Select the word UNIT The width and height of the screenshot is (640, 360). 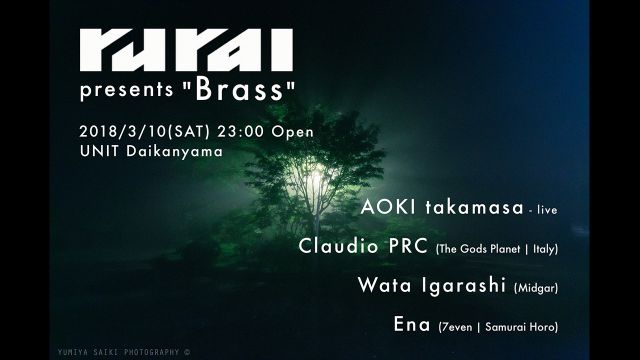(96, 152)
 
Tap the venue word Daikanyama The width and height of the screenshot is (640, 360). (170, 152)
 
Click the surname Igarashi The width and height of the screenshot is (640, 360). (456, 285)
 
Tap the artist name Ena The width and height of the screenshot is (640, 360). (413, 325)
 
